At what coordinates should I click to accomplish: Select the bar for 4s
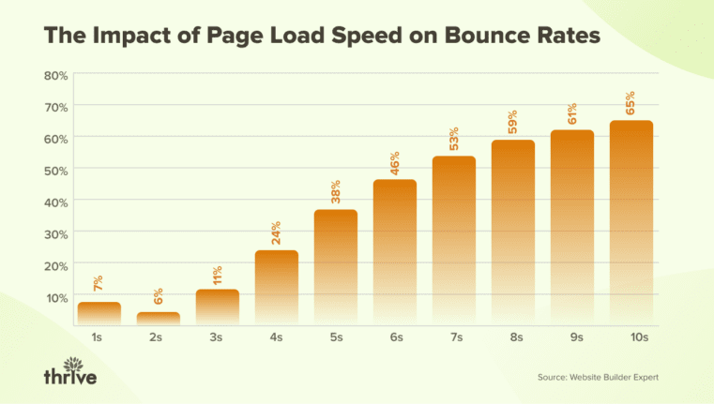click(277, 287)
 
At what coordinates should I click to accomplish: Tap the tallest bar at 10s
click(630, 222)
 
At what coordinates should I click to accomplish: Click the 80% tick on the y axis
click(55, 75)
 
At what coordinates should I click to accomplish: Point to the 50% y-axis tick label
click(55, 170)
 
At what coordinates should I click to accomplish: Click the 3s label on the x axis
click(217, 337)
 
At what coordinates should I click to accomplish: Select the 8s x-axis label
click(512, 337)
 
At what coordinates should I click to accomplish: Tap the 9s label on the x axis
click(571, 337)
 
